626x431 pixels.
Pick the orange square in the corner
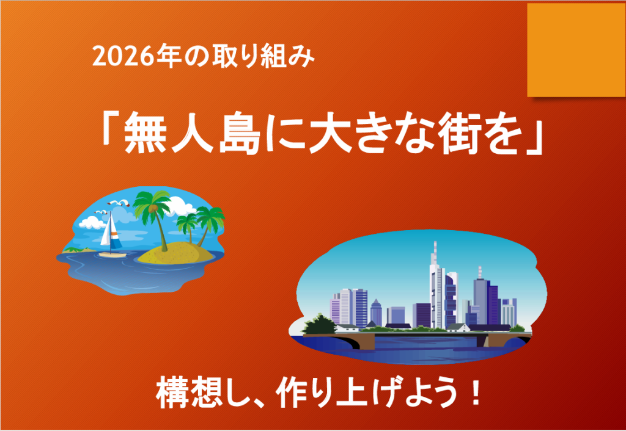pyautogui.click(x=576, y=50)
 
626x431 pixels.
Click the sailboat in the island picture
pyautogui.click(x=111, y=235)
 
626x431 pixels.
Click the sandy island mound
pyautogui.click(x=175, y=253)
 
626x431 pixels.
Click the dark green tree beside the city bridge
pyautogui.click(x=319, y=324)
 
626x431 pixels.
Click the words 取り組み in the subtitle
pyautogui.click(x=263, y=57)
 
